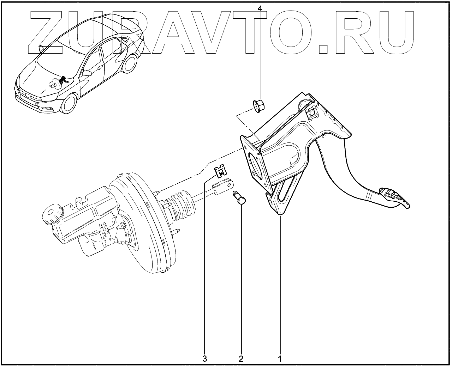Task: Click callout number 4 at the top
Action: click(260, 7)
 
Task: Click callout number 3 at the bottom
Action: click(204, 359)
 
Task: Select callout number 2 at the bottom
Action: click(241, 359)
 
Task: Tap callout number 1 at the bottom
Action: click(280, 359)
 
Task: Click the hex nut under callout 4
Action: click(259, 105)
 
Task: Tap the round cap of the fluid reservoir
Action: click(52, 214)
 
